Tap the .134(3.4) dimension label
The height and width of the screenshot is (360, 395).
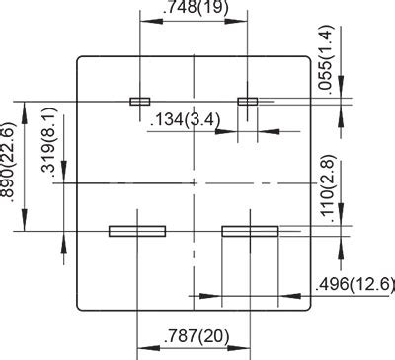(x=188, y=120)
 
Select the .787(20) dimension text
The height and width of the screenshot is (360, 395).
(x=194, y=336)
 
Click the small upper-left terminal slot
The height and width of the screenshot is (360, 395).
(x=139, y=101)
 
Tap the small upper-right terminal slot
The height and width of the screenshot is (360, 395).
(x=248, y=101)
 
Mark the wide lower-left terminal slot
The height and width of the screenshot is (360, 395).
(x=136, y=231)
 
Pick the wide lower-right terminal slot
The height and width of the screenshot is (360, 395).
(x=251, y=231)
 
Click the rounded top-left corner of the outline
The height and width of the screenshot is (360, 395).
(x=81, y=60)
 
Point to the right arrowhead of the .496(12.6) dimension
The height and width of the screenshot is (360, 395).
(x=305, y=294)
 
